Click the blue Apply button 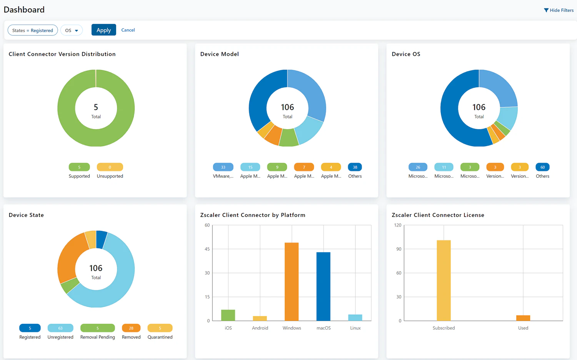[103, 30]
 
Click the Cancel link [128, 30]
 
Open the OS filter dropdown [72, 30]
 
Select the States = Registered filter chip [33, 30]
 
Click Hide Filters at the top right [559, 10]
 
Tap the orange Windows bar [292, 282]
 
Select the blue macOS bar [323, 287]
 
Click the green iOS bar [228, 315]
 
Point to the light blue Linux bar [355, 318]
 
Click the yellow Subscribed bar [444, 281]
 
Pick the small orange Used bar [523, 318]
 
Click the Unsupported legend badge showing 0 [110, 167]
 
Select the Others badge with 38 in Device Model [355, 167]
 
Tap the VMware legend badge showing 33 [223, 167]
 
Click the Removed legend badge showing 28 [131, 328]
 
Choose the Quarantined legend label [160, 337]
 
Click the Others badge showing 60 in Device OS [542, 167]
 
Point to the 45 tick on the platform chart [207, 249]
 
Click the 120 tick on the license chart [397, 225]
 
